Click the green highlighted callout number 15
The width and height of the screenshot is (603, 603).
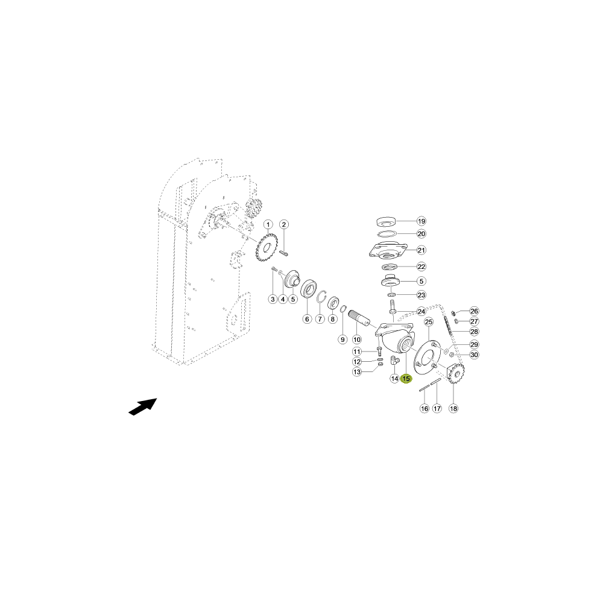coord(406,379)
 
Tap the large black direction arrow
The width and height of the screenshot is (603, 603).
coord(143,406)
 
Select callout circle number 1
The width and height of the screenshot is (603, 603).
coord(268,224)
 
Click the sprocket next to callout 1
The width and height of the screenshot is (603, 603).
coord(267,248)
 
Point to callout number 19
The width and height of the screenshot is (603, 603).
coord(421,221)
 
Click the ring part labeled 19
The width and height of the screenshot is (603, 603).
coord(386,222)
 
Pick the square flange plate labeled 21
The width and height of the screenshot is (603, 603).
coord(388,250)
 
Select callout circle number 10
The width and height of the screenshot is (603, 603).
coord(357,339)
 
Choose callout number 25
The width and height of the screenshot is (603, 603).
coord(429,322)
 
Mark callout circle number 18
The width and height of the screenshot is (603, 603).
coord(453,408)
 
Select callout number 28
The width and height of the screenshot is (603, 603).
coord(474,332)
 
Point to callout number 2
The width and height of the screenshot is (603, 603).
coord(284,224)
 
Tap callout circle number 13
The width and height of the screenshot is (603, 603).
coord(357,372)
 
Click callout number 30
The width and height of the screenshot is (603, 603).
coord(474,355)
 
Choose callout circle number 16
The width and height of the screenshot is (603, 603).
coord(424,408)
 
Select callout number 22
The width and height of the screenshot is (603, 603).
coord(421,267)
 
